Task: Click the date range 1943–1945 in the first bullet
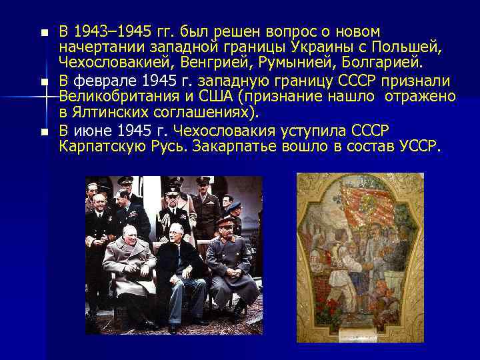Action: pyautogui.click(x=104, y=31)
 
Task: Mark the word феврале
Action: pyautogui.click(x=101, y=81)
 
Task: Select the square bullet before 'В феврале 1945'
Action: pyautogui.click(x=44, y=81)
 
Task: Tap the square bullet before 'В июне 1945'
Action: pyautogui.click(x=44, y=131)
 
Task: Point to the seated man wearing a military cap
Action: pyautogui.click(x=230, y=263)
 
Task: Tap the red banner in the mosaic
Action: pyautogui.click(x=363, y=200)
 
